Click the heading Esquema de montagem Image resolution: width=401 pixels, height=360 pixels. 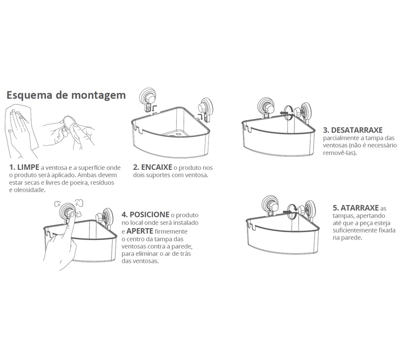point(66,95)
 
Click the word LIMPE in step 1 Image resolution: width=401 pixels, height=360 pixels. point(28,167)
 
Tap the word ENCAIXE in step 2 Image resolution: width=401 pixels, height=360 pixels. point(157,167)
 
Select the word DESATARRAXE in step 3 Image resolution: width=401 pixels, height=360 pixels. point(357,130)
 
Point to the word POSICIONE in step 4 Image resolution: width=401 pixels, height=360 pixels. point(150,214)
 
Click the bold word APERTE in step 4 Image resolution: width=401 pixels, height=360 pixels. point(140,231)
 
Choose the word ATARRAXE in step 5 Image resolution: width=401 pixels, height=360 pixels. point(360,207)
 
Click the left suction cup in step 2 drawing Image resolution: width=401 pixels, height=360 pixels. point(147,98)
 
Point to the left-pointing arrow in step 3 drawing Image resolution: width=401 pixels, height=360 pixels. point(284,113)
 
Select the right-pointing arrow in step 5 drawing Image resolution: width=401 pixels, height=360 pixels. point(288,212)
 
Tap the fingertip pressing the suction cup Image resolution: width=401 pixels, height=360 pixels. point(72,215)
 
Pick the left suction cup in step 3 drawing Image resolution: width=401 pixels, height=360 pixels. point(266,107)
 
